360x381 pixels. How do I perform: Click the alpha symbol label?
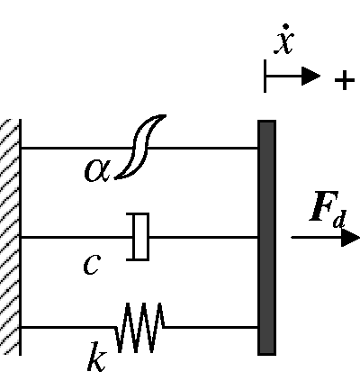click(x=97, y=170)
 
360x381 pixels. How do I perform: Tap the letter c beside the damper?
click(x=92, y=264)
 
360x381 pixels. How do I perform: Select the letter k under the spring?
click(x=97, y=357)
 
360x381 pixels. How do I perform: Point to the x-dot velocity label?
click(x=283, y=40)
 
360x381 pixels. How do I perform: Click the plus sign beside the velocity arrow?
click(x=345, y=80)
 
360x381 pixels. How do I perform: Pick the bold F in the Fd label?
click(x=323, y=206)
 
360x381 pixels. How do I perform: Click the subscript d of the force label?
click(x=339, y=219)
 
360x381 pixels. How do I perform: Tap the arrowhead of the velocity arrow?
click(x=310, y=76)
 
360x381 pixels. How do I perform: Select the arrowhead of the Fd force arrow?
click(x=350, y=238)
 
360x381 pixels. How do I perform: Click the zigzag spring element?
click(x=139, y=327)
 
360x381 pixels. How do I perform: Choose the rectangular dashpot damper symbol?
click(x=138, y=237)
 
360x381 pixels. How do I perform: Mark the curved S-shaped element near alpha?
click(x=139, y=147)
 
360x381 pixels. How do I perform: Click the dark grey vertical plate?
click(x=266, y=238)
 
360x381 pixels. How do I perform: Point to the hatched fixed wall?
click(x=11, y=237)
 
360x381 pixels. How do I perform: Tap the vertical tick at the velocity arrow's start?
click(x=265, y=76)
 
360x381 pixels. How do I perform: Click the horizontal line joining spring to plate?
click(x=211, y=327)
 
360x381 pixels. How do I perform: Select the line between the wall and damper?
click(x=76, y=237)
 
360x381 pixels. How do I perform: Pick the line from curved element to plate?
click(x=202, y=148)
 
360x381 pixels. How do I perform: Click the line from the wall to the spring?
click(x=67, y=327)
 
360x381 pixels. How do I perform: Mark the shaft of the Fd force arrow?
click(x=317, y=238)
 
